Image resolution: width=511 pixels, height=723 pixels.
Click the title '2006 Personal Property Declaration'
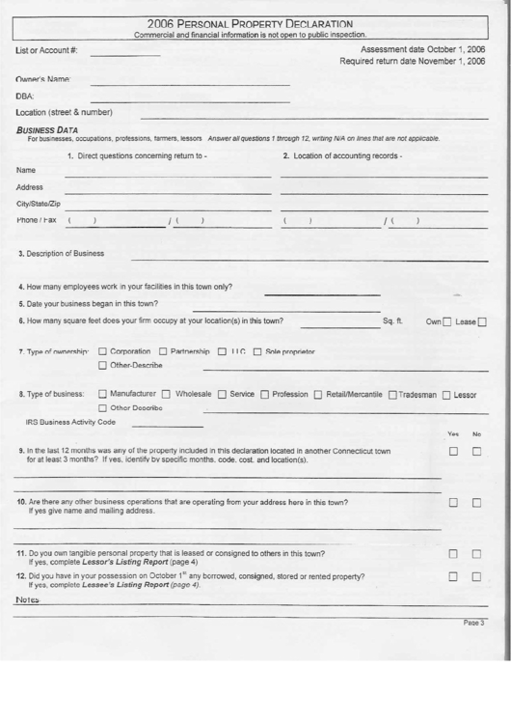[x=250, y=23]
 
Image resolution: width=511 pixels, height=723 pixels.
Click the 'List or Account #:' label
[x=48, y=50]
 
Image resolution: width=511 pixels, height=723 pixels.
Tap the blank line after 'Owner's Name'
[x=190, y=83]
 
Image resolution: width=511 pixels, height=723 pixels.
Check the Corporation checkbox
[x=103, y=350]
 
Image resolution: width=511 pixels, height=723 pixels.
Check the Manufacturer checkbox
[x=103, y=395]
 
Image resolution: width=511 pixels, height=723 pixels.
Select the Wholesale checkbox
[x=168, y=395]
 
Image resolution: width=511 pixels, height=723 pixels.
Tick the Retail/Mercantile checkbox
[x=318, y=395]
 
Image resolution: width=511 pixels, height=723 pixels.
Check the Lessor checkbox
[x=446, y=395]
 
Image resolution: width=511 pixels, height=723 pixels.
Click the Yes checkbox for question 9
[x=452, y=452]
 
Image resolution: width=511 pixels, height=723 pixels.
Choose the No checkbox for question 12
[x=476, y=577]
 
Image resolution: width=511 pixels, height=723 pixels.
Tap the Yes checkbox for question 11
[x=452, y=554]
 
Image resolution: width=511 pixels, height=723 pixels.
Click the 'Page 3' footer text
[x=473, y=624]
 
